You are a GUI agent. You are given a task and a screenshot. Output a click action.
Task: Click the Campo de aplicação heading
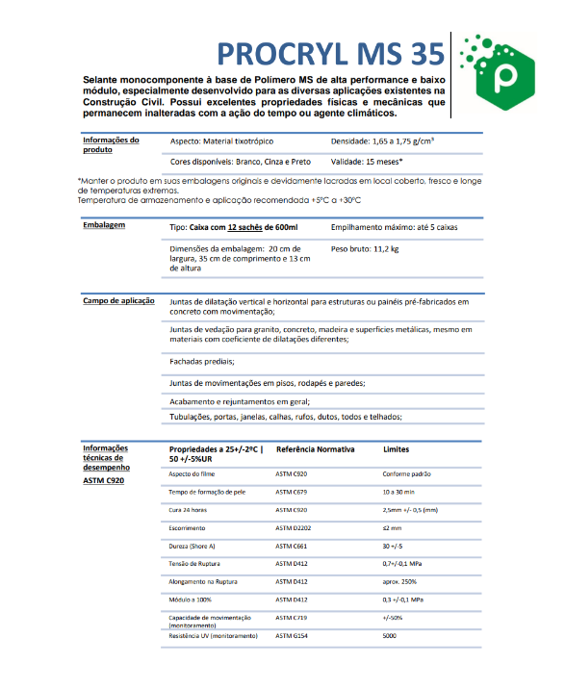[118, 301]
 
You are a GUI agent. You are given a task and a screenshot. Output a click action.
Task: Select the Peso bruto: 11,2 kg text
[364, 248]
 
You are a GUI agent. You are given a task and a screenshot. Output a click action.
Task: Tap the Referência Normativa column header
[316, 449]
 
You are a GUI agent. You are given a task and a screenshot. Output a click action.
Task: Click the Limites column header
[398, 449]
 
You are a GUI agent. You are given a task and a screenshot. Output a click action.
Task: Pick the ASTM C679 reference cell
[292, 492]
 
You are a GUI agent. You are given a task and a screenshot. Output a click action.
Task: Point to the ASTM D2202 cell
[294, 527]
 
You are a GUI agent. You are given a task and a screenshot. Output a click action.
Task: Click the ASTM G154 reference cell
[293, 637]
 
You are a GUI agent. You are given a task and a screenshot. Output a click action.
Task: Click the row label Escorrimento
[188, 527]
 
